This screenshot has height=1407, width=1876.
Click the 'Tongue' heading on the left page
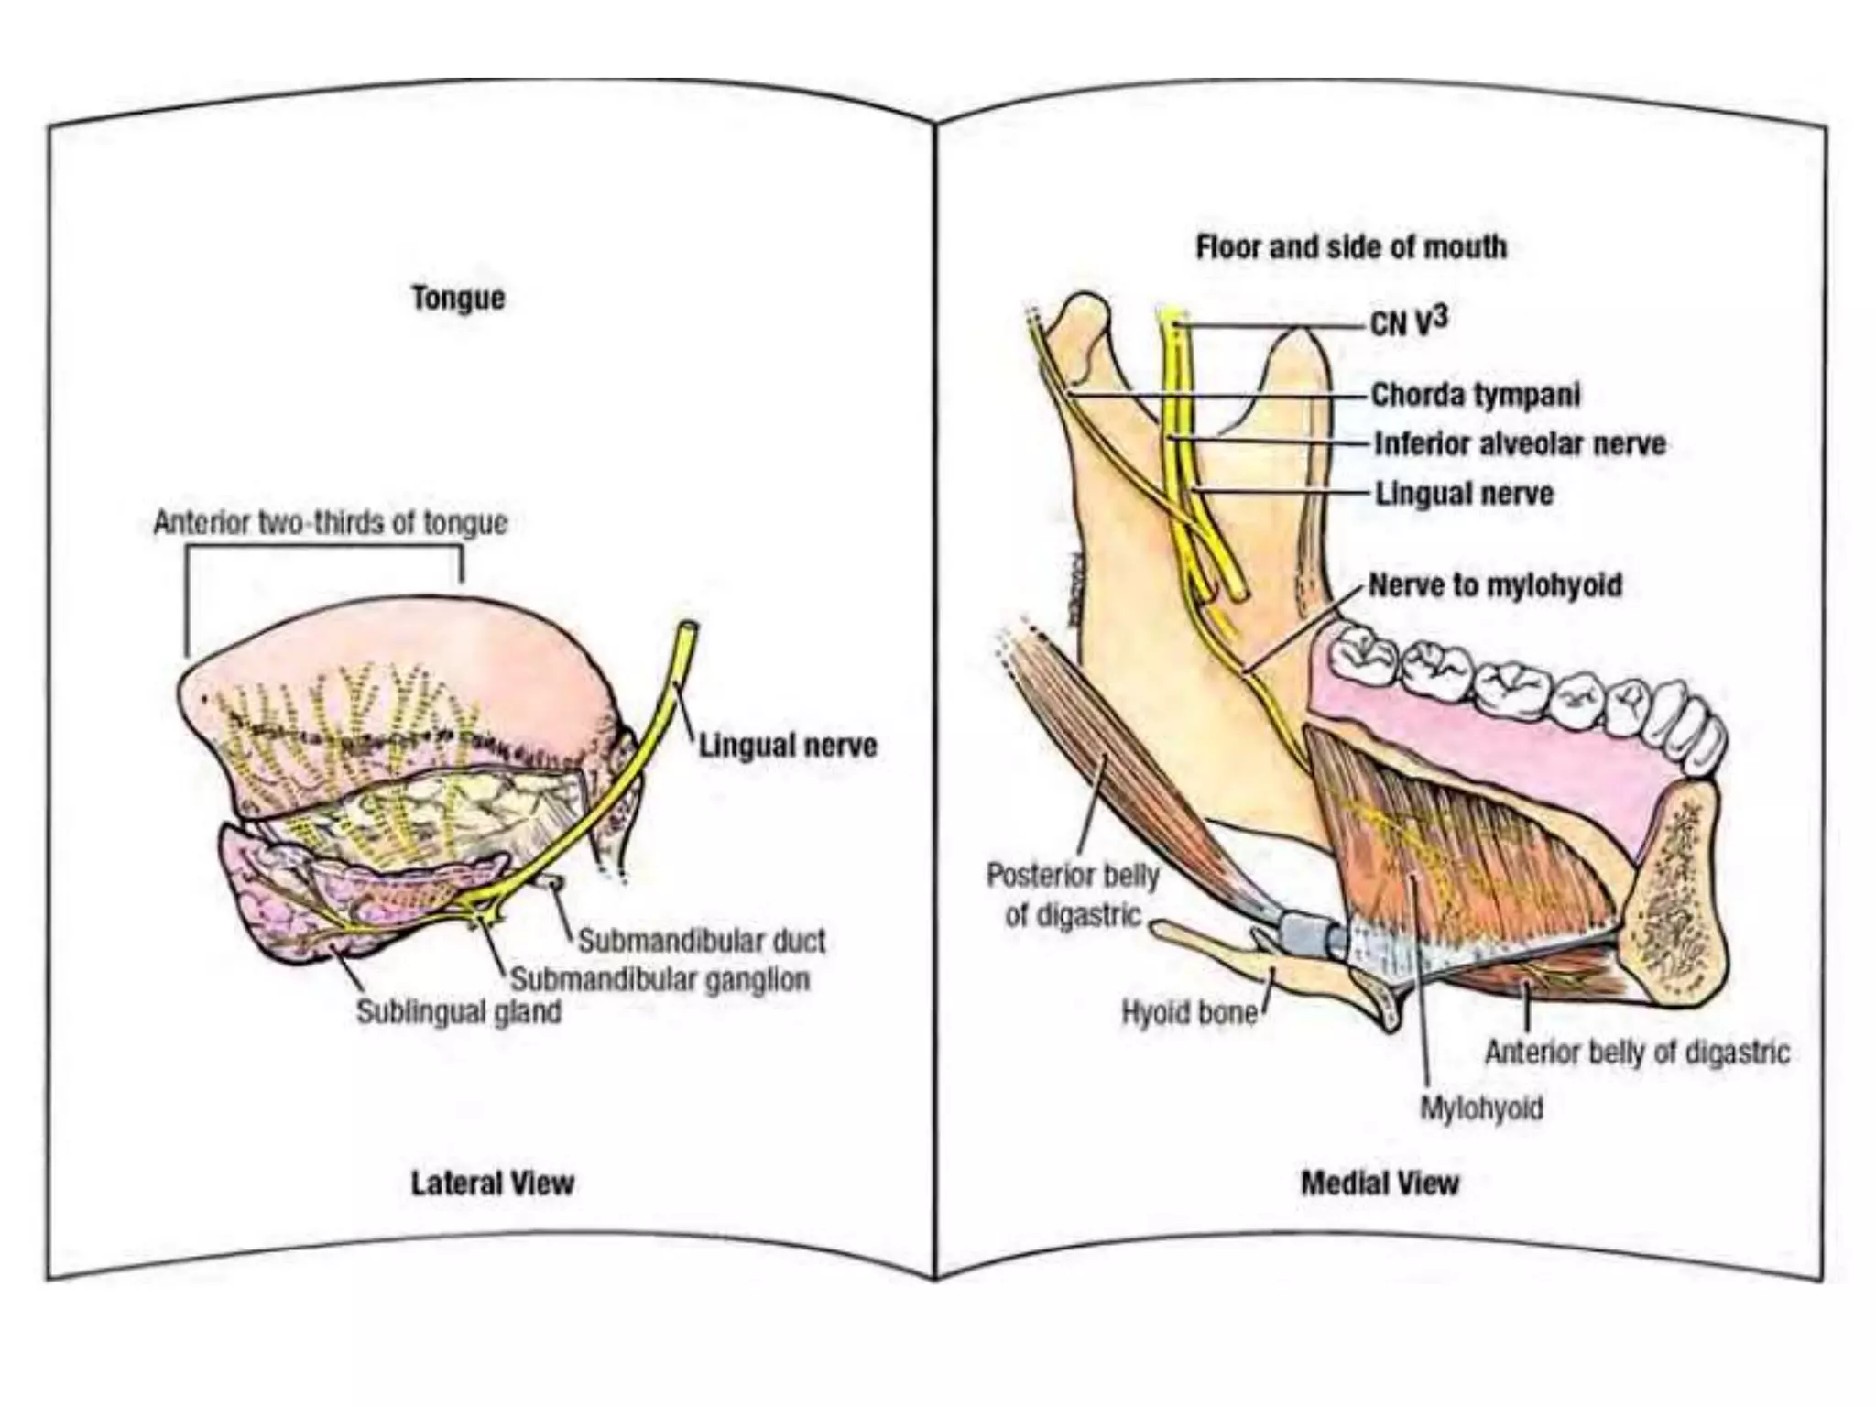[458, 298]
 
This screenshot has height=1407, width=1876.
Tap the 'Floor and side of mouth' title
[1351, 247]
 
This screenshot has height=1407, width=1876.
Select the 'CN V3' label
[1409, 322]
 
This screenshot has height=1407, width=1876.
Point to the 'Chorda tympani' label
[1476, 395]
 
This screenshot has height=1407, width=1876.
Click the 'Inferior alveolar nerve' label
[1520, 444]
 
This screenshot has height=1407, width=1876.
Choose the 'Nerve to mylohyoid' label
[1495, 584]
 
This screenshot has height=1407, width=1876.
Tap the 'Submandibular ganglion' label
[660, 979]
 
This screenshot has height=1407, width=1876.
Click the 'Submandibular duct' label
[702, 941]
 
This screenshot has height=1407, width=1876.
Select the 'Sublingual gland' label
[458, 1012]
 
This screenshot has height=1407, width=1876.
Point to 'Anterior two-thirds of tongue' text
[330, 522]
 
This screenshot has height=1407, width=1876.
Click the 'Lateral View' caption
[492, 1183]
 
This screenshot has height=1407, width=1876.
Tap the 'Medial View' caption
[1380, 1183]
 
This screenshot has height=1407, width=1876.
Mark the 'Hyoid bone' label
[1189, 1013]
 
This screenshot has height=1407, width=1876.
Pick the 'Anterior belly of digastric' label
[1637, 1053]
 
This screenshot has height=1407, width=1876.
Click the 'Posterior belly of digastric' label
[1073, 894]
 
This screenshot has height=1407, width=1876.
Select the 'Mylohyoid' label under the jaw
[1481, 1108]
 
